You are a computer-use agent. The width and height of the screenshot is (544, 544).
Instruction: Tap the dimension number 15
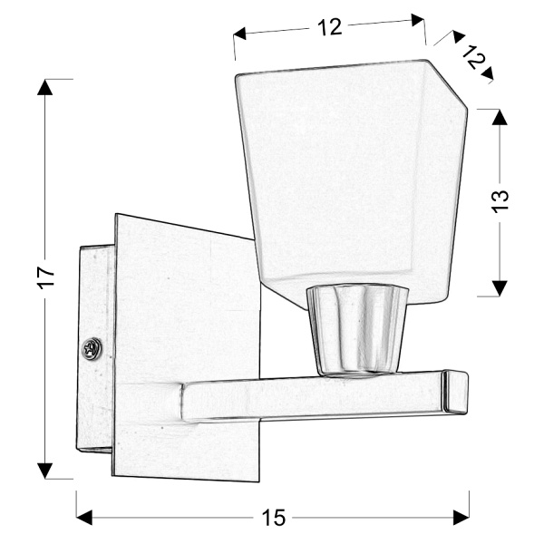point(274,518)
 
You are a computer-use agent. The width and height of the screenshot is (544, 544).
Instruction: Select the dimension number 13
point(501,199)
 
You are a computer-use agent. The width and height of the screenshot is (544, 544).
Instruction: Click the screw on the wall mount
point(91,347)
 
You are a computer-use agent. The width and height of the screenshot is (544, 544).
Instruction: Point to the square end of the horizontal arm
point(455,393)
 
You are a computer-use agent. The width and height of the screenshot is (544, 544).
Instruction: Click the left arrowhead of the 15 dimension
point(84,517)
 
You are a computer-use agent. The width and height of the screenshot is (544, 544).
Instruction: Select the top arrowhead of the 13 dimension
point(499,117)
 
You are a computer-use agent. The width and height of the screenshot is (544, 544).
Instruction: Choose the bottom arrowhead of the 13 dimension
point(499,287)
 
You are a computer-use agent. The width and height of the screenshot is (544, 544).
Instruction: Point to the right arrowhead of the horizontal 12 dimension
point(418,20)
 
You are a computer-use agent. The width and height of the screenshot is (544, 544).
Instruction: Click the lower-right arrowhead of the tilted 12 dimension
point(487,73)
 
